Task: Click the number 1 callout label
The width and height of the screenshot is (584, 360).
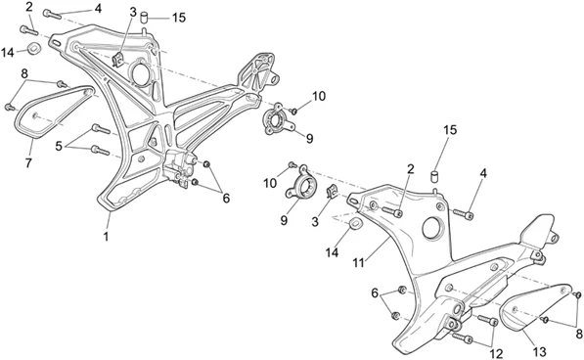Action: click(106, 236)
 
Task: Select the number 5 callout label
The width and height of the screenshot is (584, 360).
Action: click(59, 147)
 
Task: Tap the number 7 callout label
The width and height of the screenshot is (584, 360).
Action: click(28, 162)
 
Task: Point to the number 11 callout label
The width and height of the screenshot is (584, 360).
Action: click(358, 263)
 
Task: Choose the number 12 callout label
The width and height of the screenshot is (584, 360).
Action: click(497, 354)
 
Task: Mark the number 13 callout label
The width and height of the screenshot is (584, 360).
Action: click(539, 352)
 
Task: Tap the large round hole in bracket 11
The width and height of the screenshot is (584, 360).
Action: click(432, 226)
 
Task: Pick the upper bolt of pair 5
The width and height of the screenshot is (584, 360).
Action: click(101, 129)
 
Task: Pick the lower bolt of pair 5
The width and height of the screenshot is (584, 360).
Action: click(100, 150)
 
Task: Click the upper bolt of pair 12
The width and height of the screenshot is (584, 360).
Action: click(487, 320)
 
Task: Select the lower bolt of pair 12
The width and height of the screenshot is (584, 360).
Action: click(463, 338)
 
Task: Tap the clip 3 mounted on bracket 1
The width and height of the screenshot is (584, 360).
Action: click(118, 60)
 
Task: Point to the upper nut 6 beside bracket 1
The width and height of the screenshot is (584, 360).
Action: click(207, 164)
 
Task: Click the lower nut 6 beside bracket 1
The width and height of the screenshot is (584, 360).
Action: click(195, 182)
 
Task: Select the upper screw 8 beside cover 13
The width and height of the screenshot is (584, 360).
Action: click(578, 294)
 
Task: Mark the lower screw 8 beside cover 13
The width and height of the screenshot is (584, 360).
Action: click(545, 320)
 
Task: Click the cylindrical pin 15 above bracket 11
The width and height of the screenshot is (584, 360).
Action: click(434, 176)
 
